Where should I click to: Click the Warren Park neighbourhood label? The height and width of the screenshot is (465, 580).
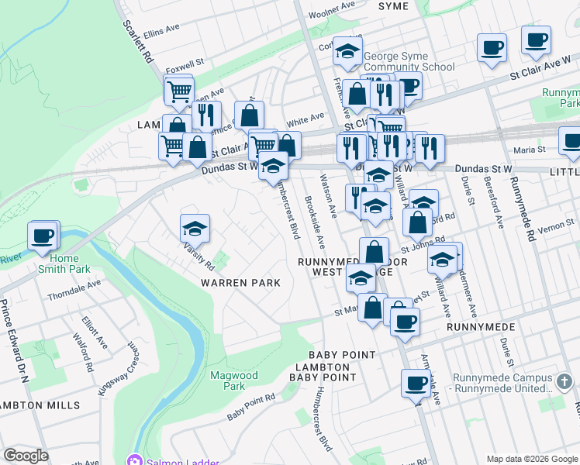240,283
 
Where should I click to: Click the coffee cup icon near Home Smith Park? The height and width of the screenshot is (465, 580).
43,236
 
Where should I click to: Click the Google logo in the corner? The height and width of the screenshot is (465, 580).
26,456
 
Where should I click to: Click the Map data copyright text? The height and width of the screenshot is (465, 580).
531,458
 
